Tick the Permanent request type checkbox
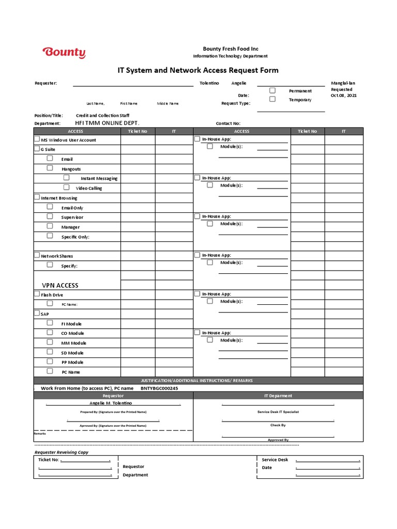(272, 90)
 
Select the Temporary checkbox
(272, 99)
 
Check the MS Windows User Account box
(37, 139)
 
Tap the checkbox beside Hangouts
(50, 168)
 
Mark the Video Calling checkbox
(67, 187)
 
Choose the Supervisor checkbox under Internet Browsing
(50, 216)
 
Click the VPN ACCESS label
(60, 285)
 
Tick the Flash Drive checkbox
(37, 294)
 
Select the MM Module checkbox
(50, 342)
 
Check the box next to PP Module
(50, 361)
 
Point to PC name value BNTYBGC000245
(159, 388)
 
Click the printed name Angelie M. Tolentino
(111, 402)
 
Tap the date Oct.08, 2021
(343, 96)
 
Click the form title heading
(198, 70)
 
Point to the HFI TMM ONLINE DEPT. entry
(107, 123)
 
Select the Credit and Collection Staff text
(102, 116)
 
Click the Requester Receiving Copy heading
(62, 452)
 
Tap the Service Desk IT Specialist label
(278, 412)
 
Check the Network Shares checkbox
(37, 255)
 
